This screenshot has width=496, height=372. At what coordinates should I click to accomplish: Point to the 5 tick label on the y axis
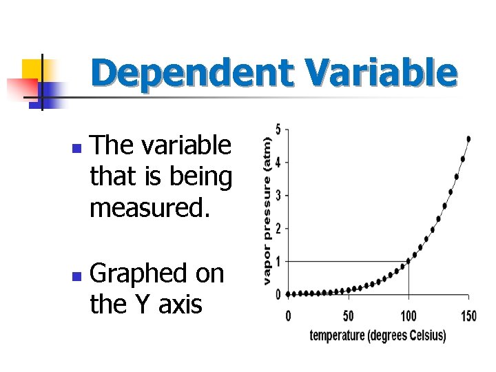(x=278, y=130)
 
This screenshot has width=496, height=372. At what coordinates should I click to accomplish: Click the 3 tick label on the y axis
(x=278, y=196)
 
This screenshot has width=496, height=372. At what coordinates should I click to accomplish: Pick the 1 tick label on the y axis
(x=278, y=262)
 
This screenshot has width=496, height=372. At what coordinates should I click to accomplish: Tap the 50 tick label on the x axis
(x=349, y=316)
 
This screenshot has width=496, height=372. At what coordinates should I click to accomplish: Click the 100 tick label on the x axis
(x=409, y=316)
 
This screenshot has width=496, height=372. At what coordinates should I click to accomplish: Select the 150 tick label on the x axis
(x=468, y=316)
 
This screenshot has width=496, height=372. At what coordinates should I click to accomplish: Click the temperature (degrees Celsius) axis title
(x=378, y=335)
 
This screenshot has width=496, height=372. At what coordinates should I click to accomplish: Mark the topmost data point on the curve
(x=468, y=138)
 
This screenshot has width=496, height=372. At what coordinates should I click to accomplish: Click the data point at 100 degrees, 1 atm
(x=409, y=261)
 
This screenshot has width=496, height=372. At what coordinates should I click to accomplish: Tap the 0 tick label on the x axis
(x=288, y=316)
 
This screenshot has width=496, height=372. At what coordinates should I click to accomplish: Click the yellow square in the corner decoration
(x=33, y=70)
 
